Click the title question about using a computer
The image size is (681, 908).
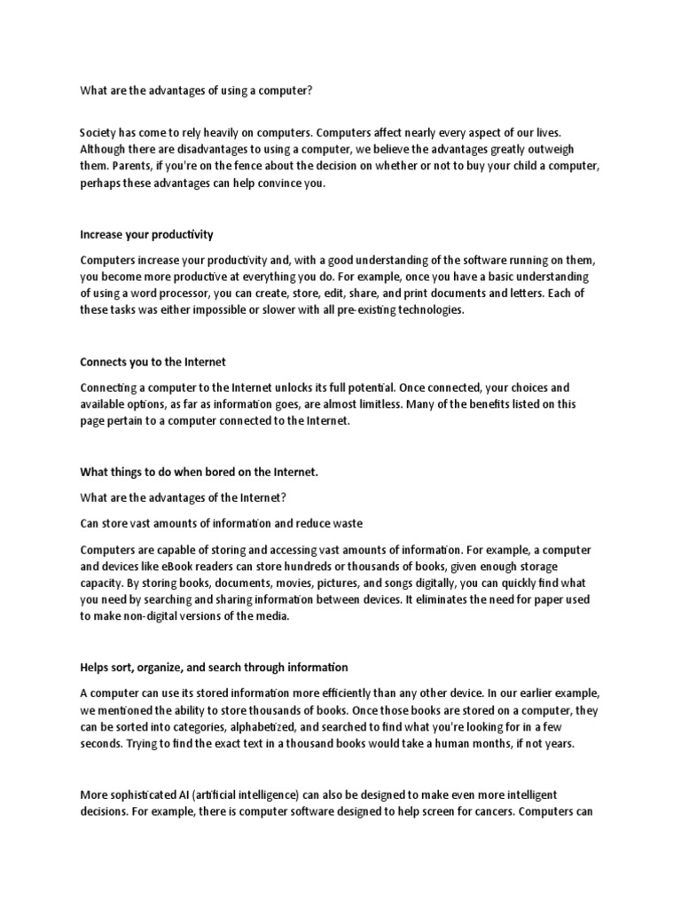tap(197, 90)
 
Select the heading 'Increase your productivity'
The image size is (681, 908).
tap(146, 235)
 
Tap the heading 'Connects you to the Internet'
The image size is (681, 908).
tap(153, 363)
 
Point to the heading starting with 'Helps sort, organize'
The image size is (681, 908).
tap(214, 667)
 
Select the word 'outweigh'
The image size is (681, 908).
tap(562, 150)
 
